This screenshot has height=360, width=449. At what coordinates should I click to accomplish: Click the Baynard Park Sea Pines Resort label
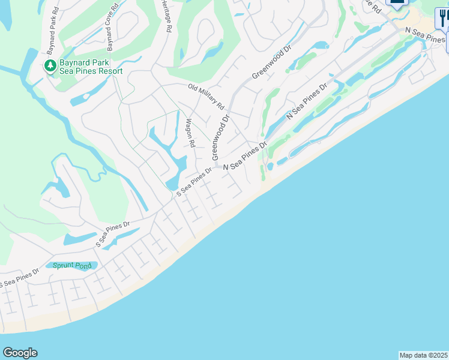[91, 67]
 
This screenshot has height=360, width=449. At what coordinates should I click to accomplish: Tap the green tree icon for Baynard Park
[50, 65]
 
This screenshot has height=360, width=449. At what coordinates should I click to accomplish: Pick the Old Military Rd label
[206, 96]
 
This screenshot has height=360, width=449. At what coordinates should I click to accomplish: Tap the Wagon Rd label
[190, 133]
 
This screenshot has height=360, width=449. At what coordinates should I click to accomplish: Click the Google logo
[20, 353]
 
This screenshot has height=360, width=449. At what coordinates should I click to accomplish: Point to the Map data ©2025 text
[424, 355]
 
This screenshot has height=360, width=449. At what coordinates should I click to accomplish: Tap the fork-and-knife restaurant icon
[444, 17]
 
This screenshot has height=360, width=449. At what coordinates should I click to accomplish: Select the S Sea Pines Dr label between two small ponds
[113, 235]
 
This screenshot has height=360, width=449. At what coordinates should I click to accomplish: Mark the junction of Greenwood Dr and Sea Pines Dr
[215, 166]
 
